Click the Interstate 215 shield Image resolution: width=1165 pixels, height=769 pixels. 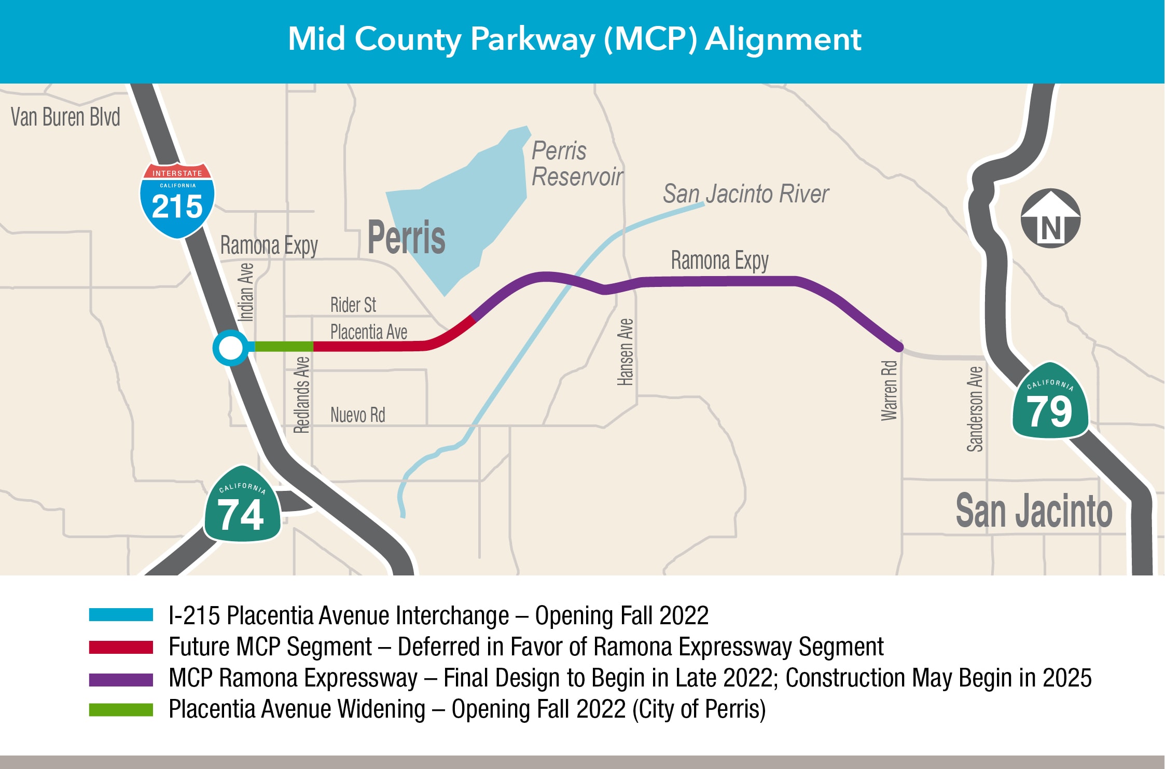click(177, 201)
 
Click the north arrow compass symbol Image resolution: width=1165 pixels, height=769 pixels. click(1050, 218)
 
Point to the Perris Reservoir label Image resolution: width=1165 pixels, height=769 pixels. click(577, 164)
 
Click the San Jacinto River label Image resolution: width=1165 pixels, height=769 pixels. click(745, 194)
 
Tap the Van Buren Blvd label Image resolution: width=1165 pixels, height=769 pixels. click(65, 117)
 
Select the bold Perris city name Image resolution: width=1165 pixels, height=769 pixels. click(406, 238)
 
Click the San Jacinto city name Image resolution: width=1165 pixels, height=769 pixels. click(1034, 511)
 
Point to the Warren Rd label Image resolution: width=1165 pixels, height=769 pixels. click(889, 390)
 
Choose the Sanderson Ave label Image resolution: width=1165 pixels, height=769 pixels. click(975, 409)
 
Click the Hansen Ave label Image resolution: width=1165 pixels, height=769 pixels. click(626, 352)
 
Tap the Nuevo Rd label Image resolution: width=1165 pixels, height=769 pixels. click(357, 415)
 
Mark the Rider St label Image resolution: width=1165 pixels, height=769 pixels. click(353, 305)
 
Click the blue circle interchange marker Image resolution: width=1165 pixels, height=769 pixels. click(230, 348)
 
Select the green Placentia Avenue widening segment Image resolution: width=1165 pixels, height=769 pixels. click(283, 346)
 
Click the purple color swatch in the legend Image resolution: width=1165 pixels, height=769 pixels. click(121, 679)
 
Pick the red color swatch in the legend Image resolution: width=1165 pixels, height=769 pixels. click(121, 648)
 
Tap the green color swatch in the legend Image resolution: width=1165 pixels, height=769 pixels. click(121, 710)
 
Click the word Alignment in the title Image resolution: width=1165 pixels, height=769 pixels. click(783, 39)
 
